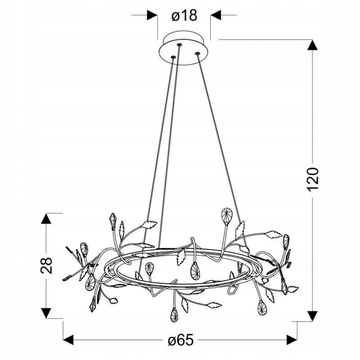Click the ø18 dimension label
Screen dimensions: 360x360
tap(184, 16)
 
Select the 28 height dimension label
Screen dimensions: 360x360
tap(46, 265)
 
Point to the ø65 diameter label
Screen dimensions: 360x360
tap(181, 340)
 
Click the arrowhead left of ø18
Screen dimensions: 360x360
tap(152, 15)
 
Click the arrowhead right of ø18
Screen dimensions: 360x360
tap(216, 15)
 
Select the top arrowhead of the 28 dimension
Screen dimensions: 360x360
tap(46, 218)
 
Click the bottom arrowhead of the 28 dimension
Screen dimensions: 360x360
tap(46, 313)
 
